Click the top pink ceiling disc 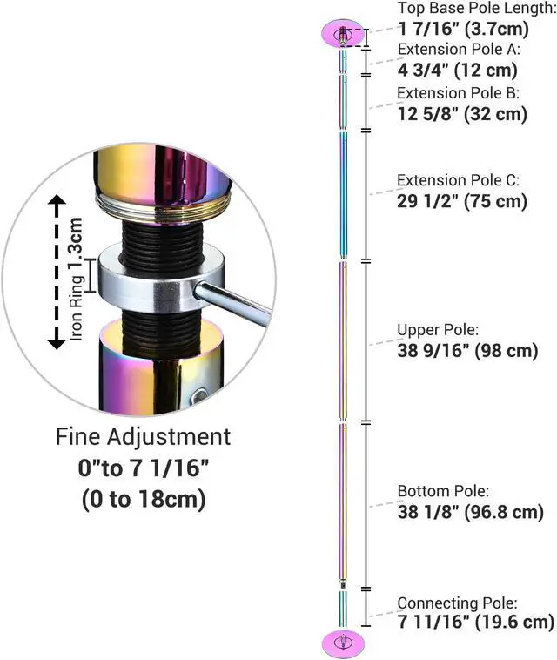pos(343,33)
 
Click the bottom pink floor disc pos(343,643)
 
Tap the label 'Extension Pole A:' pos(459,50)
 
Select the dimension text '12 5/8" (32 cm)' pos(462,114)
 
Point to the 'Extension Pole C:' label pos(458,180)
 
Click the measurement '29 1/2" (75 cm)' pos(462,201)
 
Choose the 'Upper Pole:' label pos(438,330)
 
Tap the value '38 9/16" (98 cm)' pos(467,350)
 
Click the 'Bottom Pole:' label pos(443,491)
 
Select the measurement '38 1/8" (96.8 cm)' pos(470,512)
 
